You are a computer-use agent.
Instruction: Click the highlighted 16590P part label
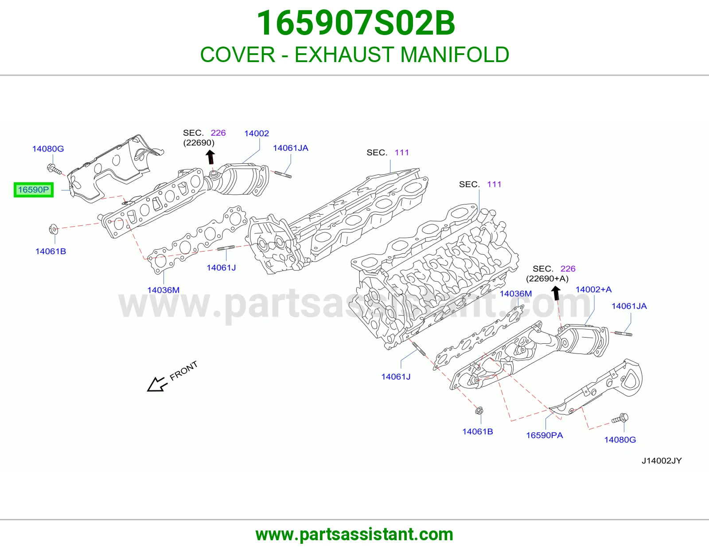(33, 190)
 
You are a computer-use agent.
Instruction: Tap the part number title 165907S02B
(356, 23)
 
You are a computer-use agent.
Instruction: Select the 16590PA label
(544, 436)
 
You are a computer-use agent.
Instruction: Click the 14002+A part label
(593, 289)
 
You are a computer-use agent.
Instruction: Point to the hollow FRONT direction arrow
(157, 384)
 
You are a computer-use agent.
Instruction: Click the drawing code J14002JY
(662, 460)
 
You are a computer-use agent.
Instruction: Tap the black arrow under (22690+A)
(556, 293)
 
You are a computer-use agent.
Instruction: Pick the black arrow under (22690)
(210, 157)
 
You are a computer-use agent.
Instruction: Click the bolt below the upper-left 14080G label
(54, 169)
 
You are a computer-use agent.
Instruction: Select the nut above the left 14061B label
(53, 229)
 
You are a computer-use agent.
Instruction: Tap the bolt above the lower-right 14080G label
(620, 418)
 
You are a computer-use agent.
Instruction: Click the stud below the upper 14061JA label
(283, 175)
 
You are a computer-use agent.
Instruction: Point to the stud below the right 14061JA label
(623, 334)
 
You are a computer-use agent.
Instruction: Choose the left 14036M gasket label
(163, 290)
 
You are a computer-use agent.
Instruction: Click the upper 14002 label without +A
(257, 133)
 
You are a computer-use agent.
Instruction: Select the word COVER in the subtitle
(238, 55)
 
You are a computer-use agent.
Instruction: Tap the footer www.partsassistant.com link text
(354, 534)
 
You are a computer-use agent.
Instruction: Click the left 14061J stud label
(221, 268)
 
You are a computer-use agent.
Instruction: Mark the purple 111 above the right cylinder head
(494, 184)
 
